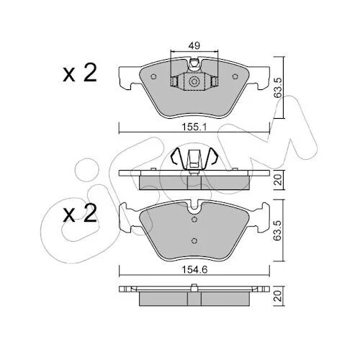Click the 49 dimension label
click(x=194, y=45)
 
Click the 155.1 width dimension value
click(x=194, y=127)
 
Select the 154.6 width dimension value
click(x=194, y=270)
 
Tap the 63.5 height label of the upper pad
click(x=278, y=88)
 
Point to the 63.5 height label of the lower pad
click(x=278, y=230)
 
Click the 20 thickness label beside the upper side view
click(x=278, y=180)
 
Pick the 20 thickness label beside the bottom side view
click(x=278, y=296)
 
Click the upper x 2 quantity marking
click(x=80, y=73)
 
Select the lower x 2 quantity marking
click(x=80, y=213)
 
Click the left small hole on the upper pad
click(x=154, y=76)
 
